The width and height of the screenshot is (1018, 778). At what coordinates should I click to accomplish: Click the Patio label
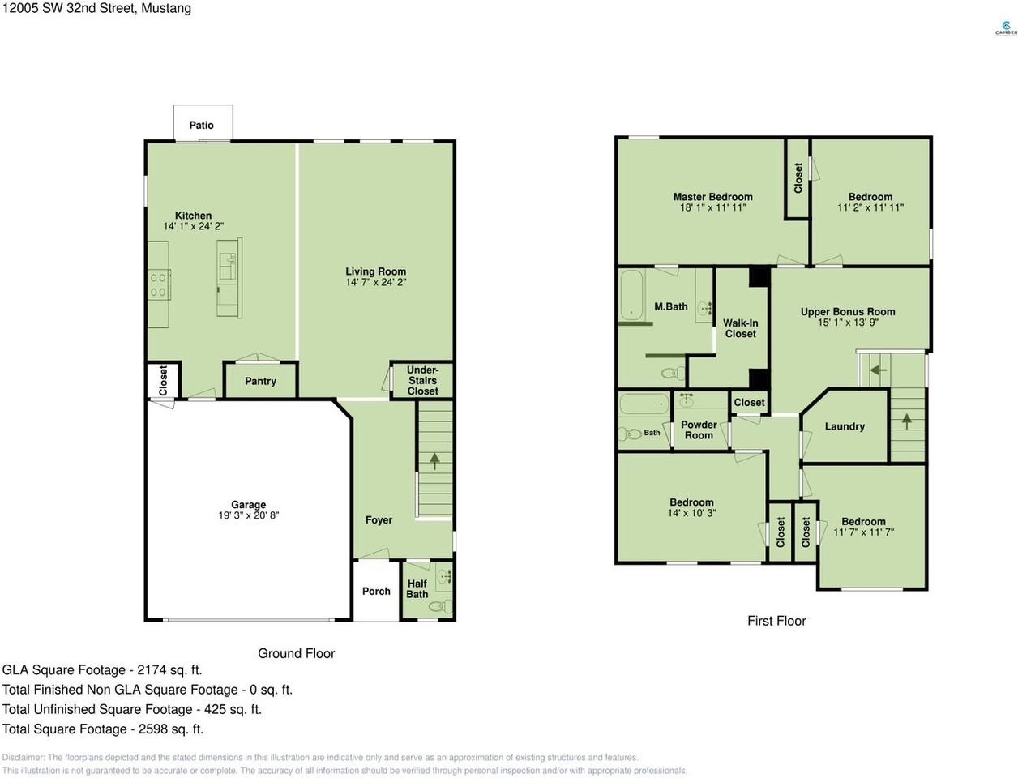(x=201, y=125)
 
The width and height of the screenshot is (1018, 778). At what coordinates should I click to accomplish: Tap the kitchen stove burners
(x=159, y=284)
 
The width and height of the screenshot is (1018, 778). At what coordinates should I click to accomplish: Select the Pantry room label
(x=260, y=381)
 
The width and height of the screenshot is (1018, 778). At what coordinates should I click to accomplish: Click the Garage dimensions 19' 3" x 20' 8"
(x=249, y=515)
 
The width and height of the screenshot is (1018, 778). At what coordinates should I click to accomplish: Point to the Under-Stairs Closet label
(x=422, y=381)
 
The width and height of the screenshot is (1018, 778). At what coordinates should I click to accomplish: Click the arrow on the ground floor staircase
(x=434, y=461)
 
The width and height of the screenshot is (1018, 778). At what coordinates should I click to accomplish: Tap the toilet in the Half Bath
(x=440, y=605)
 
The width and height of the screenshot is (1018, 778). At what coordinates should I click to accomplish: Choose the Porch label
(x=376, y=591)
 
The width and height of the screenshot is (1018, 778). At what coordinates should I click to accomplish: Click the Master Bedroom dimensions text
(x=712, y=207)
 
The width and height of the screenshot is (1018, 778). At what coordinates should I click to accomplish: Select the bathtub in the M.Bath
(x=631, y=295)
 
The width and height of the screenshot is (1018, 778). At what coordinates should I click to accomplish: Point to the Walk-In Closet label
(x=740, y=328)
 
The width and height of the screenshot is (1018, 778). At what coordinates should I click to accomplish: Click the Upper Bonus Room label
(x=848, y=311)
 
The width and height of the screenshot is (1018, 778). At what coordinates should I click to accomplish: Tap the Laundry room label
(x=845, y=426)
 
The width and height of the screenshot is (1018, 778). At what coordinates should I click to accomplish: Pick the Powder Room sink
(x=687, y=400)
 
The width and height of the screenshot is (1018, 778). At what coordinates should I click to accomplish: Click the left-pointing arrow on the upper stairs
(x=879, y=370)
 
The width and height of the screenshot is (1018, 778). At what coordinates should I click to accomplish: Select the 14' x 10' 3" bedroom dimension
(x=691, y=513)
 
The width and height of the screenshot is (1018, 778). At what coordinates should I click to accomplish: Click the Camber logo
(x=1006, y=28)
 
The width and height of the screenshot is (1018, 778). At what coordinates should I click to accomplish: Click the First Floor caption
(x=776, y=621)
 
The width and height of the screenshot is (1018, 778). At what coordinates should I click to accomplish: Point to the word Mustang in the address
(x=166, y=8)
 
